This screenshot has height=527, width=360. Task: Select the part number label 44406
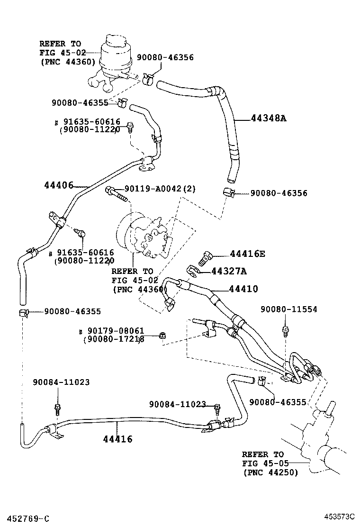[x=58, y=185]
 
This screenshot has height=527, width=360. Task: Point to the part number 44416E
[x=247, y=254]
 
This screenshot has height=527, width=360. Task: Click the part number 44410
[x=243, y=289]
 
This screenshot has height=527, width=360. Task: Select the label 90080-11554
[x=288, y=309]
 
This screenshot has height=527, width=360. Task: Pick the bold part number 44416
[x=117, y=439]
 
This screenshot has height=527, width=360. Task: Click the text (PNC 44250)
[x=270, y=472]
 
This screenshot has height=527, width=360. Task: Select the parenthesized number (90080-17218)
[x=114, y=339]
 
